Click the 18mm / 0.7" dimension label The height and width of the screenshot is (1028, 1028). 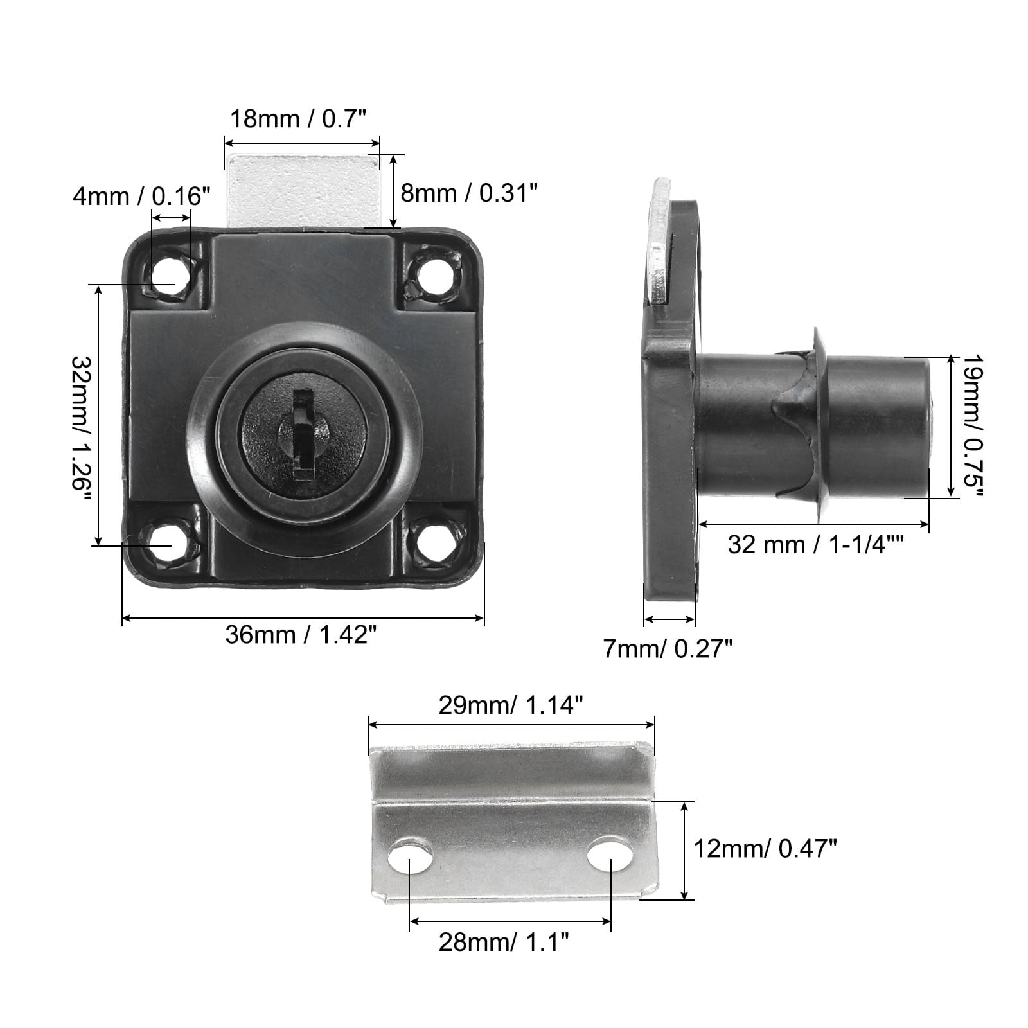coord(298,119)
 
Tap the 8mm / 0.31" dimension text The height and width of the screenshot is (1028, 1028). coord(469,193)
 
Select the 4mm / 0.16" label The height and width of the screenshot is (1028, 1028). coord(141,196)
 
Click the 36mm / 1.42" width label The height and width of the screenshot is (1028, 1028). coord(300,635)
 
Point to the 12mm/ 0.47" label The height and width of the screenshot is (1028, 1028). coord(765,850)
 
